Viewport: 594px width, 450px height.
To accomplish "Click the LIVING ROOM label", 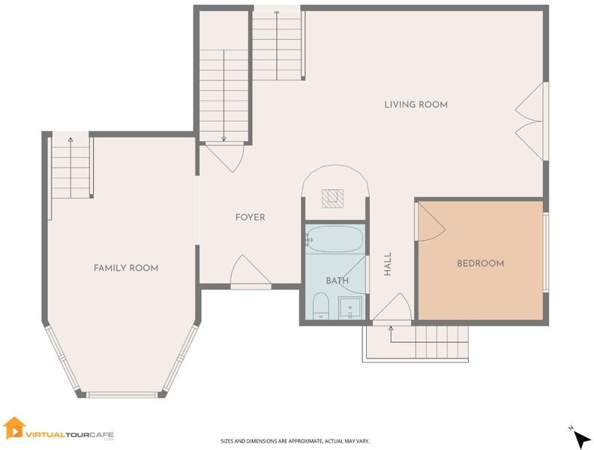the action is (x=416, y=104).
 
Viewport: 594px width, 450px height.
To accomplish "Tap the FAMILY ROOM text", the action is (x=126, y=268).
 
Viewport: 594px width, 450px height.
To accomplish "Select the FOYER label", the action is (x=250, y=217).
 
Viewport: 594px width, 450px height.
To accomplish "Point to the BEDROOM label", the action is (x=480, y=264).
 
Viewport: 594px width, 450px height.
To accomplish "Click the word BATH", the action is (x=337, y=281).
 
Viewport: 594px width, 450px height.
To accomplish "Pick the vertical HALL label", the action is (x=388, y=264).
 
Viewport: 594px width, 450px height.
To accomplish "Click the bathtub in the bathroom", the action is (x=334, y=239).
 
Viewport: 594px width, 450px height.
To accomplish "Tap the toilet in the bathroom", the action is (x=321, y=306).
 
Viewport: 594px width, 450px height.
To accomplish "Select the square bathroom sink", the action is (x=349, y=307).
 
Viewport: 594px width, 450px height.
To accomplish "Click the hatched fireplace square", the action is (x=332, y=199).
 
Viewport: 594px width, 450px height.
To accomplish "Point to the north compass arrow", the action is (x=581, y=439).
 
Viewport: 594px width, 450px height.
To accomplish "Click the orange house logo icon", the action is (x=13, y=427).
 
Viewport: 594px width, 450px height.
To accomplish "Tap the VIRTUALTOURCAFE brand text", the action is (x=70, y=434).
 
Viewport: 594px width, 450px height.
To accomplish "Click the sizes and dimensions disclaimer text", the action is (x=295, y=441).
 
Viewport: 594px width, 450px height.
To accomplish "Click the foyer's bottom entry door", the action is (x=250, y=270).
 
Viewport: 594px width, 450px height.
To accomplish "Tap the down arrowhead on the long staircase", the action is (x=224, y=139).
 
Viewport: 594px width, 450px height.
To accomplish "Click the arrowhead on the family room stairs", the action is (x=70, y=139).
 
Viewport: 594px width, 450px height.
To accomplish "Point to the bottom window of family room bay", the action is (x=121, y=394).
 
